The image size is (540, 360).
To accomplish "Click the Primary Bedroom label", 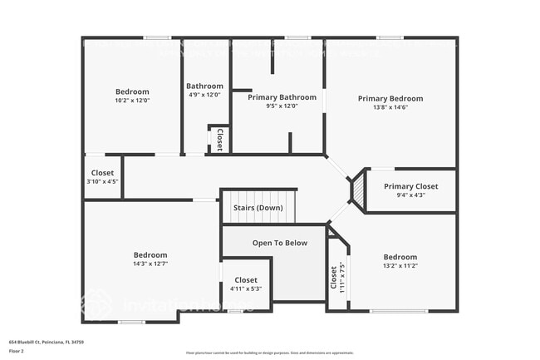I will pos(390,99).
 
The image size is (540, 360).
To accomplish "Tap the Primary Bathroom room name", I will pos(280,97).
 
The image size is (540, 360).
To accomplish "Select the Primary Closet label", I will pos(410,186).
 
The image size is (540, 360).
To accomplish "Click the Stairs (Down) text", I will pos(257,208).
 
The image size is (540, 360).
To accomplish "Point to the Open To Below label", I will pos(280,243).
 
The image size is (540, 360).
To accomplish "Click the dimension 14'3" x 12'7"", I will pos(150,264).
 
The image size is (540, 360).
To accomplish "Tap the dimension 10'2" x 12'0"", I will pos(132,101).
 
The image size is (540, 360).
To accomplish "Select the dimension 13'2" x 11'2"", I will pos(400,266).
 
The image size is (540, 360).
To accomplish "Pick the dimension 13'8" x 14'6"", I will pos(390,108).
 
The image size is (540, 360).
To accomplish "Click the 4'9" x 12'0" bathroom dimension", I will pos(204,95).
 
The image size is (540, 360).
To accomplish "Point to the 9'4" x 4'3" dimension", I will pos(410,195).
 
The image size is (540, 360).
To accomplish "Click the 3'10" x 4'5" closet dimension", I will pos(102,182).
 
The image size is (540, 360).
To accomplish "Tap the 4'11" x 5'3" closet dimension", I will pos(246,289).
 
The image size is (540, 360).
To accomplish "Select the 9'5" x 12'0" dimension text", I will pos(280,106).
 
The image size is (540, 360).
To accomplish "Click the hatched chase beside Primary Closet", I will pos(359,190).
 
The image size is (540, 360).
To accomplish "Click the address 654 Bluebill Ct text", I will pos(47,342).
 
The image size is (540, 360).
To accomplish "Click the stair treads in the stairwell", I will pos(258,215).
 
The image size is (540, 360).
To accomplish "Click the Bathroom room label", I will pos(204,86).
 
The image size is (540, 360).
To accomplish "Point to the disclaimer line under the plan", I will pos(269,353).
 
